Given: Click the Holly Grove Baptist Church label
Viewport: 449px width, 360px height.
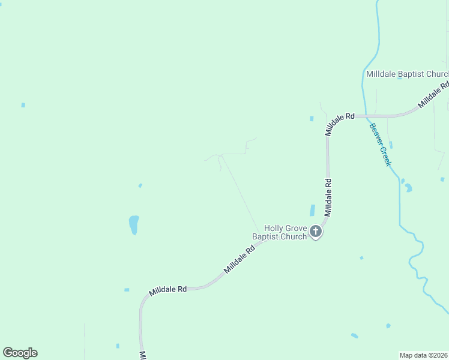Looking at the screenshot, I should (280, 232).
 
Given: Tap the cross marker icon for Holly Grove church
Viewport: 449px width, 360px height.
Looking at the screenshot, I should (316, 231).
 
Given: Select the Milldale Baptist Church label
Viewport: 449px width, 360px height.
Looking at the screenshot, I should (407, 74).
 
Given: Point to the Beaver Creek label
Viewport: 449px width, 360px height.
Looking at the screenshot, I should (381, 145).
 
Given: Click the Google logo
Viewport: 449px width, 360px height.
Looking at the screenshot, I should (20, 353).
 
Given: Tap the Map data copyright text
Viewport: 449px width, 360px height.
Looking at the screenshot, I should (424, 355).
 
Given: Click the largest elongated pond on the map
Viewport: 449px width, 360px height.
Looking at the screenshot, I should (134, 225).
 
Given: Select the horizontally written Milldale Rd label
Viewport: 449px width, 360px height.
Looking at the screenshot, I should (168, 289).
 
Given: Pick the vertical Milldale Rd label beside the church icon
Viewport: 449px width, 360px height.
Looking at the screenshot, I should (328, 197).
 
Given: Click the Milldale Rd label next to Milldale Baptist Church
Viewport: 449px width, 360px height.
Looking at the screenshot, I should (433, 95).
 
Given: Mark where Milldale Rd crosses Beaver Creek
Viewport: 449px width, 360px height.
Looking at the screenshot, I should (365, 116).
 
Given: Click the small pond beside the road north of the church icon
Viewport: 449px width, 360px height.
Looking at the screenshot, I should (312, 211).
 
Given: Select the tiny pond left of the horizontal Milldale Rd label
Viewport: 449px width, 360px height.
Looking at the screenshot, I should (127, 290).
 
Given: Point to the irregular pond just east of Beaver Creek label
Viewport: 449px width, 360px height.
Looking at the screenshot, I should (408, 188).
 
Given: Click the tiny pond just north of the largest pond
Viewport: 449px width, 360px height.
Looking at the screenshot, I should (140, 185).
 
